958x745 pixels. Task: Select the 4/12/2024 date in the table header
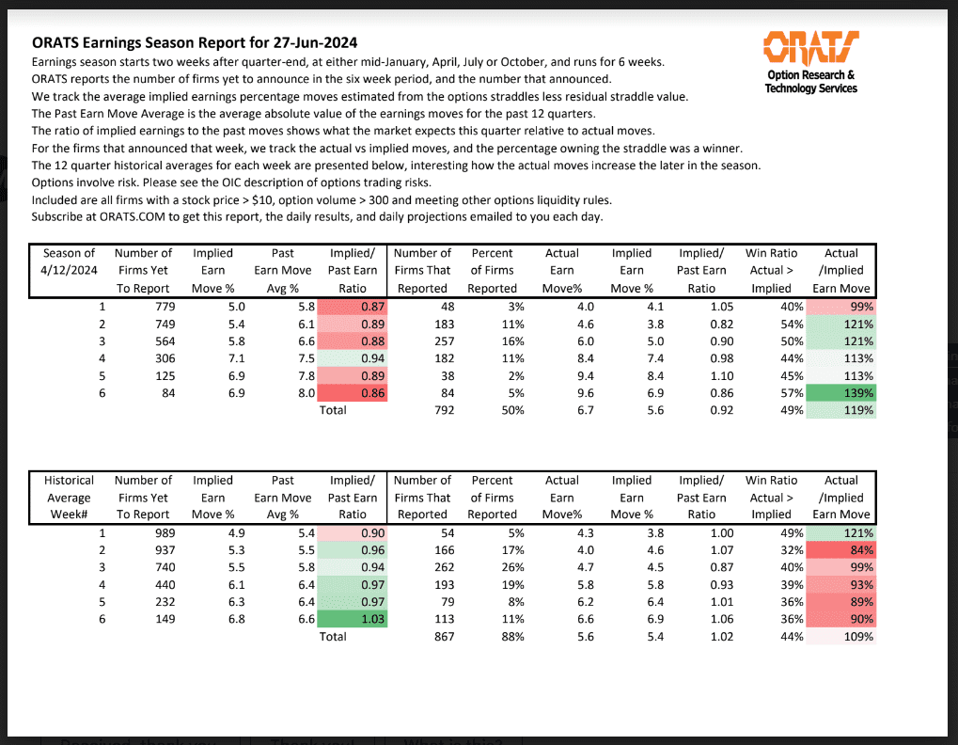(70, 270)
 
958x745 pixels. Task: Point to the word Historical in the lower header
(70, 480)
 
